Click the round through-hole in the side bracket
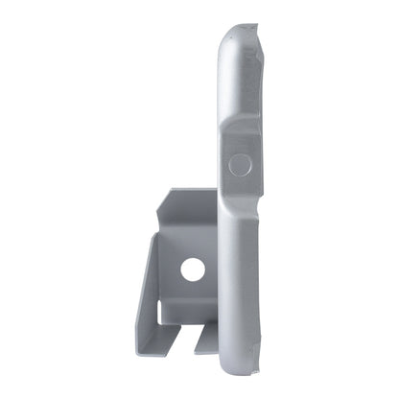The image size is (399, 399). point(193,270)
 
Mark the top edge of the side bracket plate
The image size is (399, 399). point(192,190)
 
